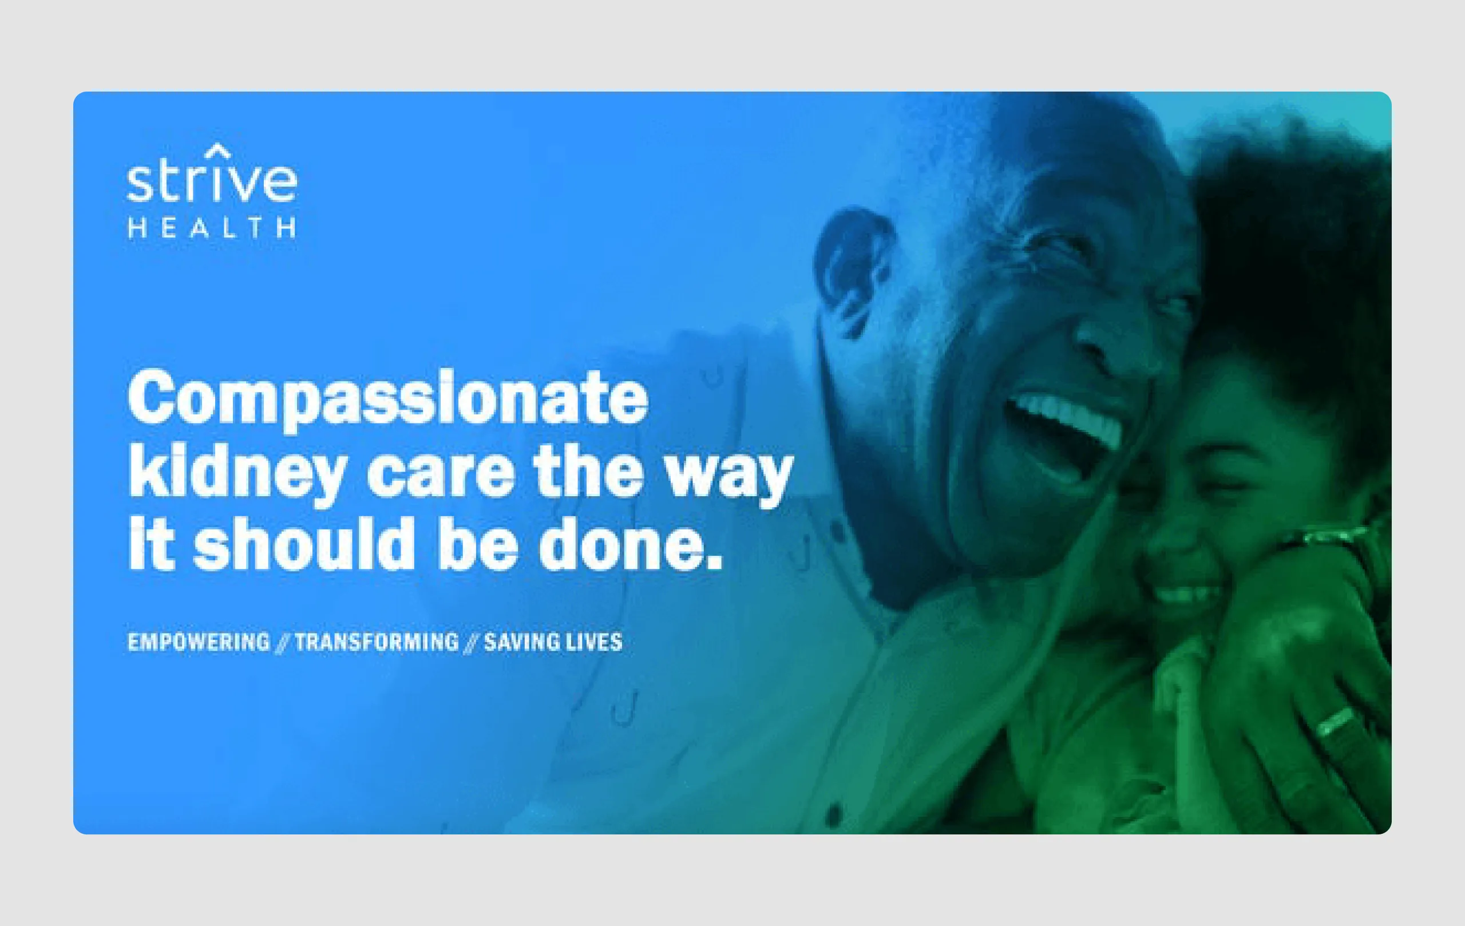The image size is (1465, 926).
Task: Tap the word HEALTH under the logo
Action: coord(211,228)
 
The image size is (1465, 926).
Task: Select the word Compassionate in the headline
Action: coord(387,398)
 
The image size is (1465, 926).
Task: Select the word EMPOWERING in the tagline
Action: coord(199,642)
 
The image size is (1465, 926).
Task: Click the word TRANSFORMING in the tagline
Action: coord(377,642)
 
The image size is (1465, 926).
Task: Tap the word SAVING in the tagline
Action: coord(521,642)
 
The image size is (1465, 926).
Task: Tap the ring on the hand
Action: coord(1336,722)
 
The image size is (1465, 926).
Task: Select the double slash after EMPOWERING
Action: coord(282,643)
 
